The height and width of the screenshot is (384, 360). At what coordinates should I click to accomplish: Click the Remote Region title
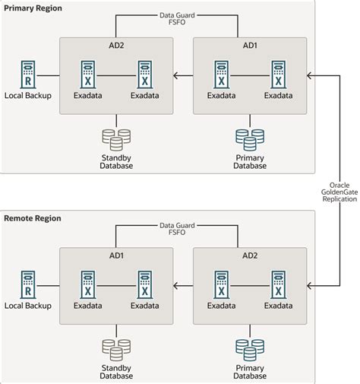point(33,218)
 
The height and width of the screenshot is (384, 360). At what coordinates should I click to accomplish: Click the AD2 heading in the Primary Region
point(116,46)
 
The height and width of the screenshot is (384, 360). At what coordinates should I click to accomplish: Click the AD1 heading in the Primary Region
point(250,46)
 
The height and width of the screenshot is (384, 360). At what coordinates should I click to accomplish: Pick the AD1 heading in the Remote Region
point(116,257)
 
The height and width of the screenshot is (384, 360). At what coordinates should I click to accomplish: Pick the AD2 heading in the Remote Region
point(250,257)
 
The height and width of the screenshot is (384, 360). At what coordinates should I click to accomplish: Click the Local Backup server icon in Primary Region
point(27,75)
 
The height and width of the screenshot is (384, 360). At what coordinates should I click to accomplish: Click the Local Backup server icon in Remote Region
point(27,287)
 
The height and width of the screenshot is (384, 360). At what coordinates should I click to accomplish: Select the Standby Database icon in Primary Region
point(116,139)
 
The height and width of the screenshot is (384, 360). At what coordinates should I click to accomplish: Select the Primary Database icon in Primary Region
point(250,139)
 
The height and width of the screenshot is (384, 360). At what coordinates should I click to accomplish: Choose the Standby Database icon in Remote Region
point(116,351)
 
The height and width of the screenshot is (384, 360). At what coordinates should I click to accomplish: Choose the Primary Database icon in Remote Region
point(250,351)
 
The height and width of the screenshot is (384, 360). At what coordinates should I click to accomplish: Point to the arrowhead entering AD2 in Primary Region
point(176,75)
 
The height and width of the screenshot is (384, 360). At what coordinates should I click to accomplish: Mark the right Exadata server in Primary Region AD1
point(278,75)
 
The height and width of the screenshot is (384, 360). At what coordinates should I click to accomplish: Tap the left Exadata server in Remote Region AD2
point(221,287)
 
